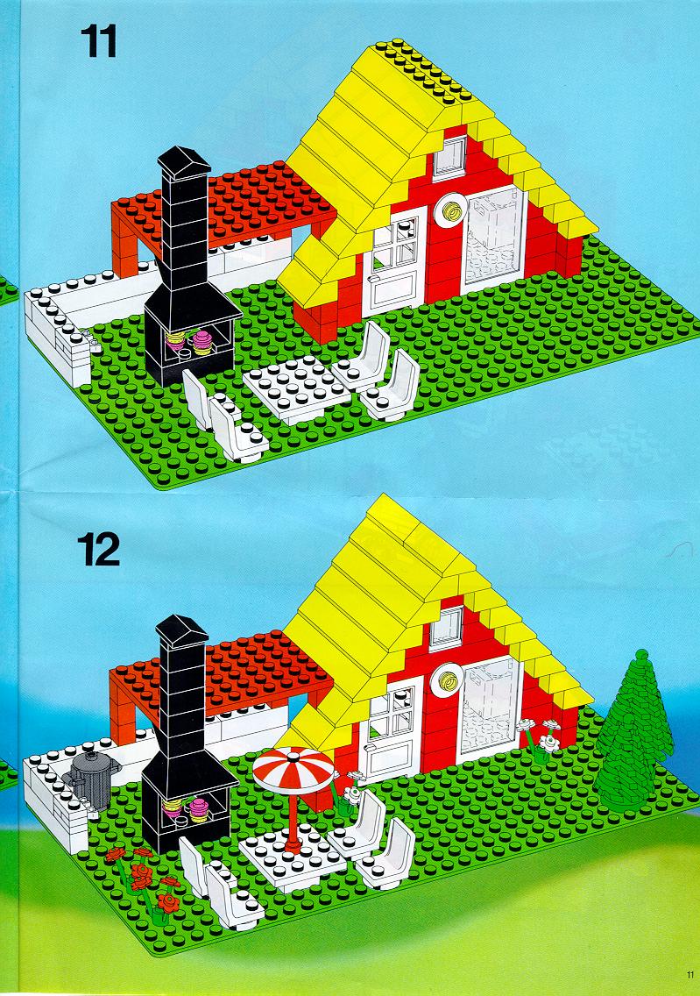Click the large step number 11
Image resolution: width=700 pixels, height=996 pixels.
pyautogui.click(x=98, y=41)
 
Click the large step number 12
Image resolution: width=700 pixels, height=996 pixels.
pyautogui.click(x=98, y=550)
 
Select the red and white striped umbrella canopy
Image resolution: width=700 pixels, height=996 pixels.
pyautogui.click(x=293, y=769)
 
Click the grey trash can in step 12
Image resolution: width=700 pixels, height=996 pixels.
pyautogui.click(x=94, y=779)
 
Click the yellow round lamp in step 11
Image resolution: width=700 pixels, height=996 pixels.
pyautogui.click(x=452, y=212)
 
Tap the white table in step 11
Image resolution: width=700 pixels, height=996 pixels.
pyautogui.click(x=296, y=388)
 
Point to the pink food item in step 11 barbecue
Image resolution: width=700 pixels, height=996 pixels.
pyautogui.click(x=202, y=341)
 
